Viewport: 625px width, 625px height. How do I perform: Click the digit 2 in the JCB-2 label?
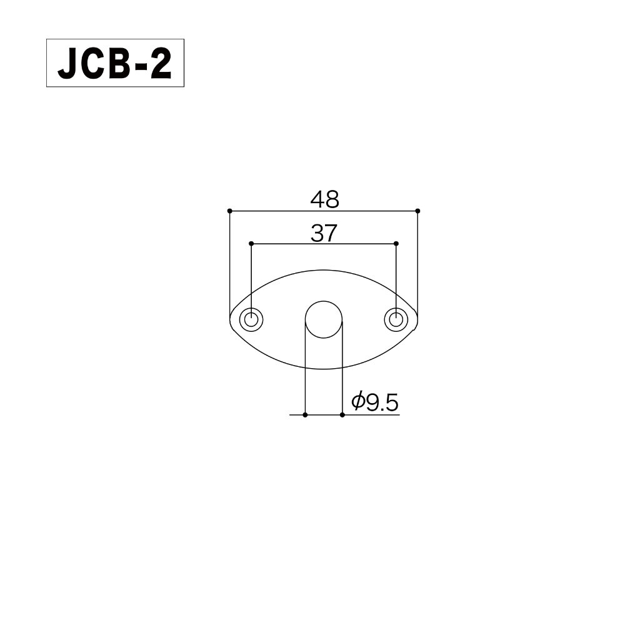tap(160, 64)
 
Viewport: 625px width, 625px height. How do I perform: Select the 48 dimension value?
tap(324, 199)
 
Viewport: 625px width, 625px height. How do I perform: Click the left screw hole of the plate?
tap(252, 319)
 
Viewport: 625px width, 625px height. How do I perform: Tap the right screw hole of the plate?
tap(396, 319)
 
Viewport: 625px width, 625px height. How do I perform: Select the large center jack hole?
tap(324, 319)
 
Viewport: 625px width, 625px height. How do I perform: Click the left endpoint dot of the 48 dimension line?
tap(230, 211)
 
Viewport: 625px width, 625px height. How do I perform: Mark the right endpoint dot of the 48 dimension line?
tap(417, 211)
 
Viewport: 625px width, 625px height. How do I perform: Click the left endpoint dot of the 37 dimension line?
tap(251, 243)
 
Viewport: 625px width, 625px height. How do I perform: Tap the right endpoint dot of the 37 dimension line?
tap(396, 243)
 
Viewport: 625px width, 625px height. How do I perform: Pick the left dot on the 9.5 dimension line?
tap(305, 414)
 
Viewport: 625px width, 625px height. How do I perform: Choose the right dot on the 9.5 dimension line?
tap(342, 414)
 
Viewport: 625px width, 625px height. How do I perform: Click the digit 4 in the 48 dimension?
tap(317, 199)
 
